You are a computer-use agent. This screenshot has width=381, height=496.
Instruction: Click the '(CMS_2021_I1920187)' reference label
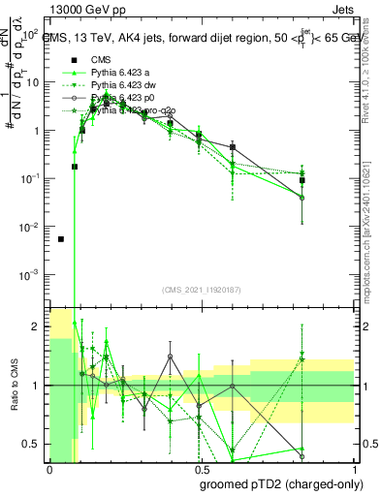point(201,291)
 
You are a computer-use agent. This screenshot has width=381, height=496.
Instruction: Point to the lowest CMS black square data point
point(61,239)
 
